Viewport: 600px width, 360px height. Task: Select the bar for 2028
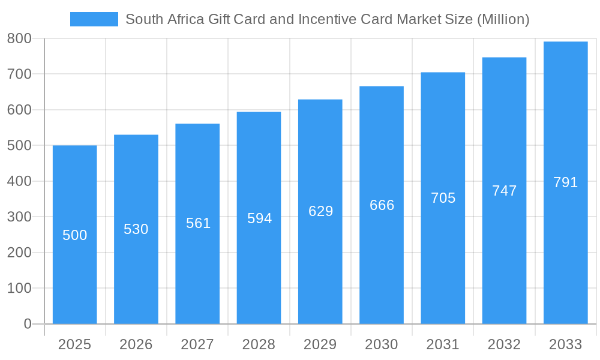click(x=259, y=270)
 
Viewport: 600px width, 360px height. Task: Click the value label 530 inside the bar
click(x=136, y=229)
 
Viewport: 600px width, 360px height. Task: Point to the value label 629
click(x=320, y=211)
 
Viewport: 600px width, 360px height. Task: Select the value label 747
click(x=504, y=191)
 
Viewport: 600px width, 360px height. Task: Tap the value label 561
click(x=198, y=223)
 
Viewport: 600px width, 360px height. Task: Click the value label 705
click(x=443, y=198)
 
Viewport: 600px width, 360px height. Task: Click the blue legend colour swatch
click(x=94, y=19)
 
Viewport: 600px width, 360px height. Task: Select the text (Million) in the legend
click(x=503, y=19)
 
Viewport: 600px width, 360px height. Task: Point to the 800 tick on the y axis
click(x=19, y=38)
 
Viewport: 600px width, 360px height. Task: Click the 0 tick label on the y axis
click(x=28, y=324)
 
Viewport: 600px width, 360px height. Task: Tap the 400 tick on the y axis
click(x=19, y=181)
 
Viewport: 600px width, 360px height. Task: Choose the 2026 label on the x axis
click(x=136, y=344)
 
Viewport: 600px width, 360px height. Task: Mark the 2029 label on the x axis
click(x=320, y=344)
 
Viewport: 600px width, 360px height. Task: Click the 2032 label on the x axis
click(x=504, y=344)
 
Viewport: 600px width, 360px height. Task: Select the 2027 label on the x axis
click(x=197, y=344)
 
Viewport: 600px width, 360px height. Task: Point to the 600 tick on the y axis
click(x=19, y=110)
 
